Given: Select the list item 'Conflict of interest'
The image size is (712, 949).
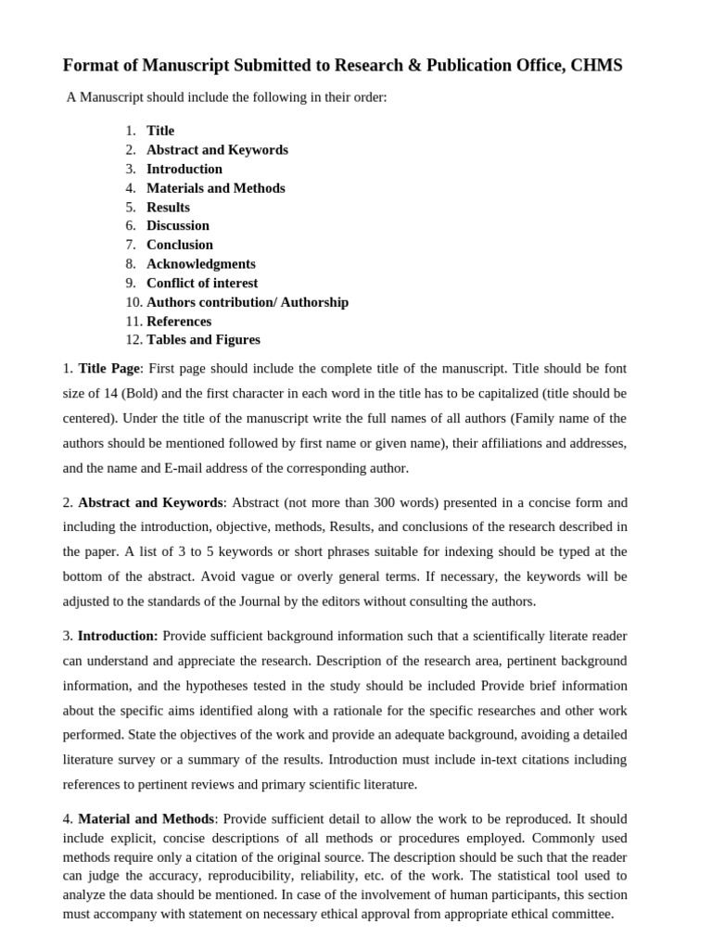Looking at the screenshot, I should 202,283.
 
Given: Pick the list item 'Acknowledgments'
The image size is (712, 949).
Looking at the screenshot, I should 201,264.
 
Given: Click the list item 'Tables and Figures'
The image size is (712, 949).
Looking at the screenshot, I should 203,340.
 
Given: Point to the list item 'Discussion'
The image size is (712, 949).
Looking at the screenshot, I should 178,225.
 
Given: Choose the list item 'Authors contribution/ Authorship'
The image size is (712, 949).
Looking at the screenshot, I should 248,302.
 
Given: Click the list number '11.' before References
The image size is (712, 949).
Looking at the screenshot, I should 133,322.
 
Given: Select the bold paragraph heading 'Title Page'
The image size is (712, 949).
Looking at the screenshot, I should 108,368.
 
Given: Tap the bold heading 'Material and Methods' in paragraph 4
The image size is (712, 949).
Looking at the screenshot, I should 146,819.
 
